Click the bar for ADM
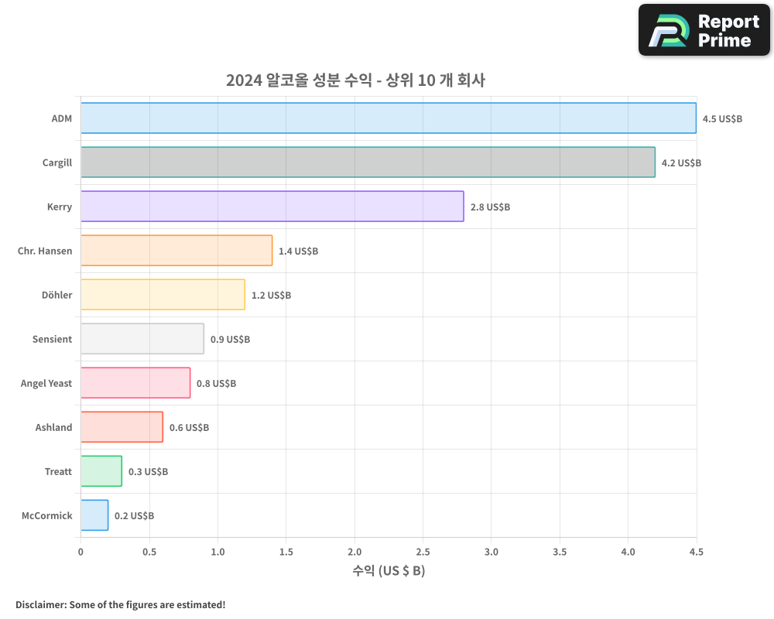[x=389, y=118]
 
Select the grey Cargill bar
[x=368, y=162]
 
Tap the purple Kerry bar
[x=272, y=207]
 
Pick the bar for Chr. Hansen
[x=176, y=251]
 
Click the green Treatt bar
[x=101, y=471]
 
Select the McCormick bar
[x=94, y=515]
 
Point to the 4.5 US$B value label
[x=722, y=119]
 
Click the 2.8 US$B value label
[x=490, y=207]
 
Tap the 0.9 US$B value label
[x=230, y=340]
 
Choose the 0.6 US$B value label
[x=189, y=428]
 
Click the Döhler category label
[x=57, y=295]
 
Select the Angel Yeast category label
[x=46, y=383]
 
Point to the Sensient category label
[x=52, y=339]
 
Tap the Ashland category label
[x=53, y=427]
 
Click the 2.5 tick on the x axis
[x=423, y=552]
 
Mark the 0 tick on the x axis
[x=80, y=552]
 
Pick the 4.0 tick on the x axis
[x=628, y=552]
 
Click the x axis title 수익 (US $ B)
[x=389, y=571]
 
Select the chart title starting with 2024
[x=355, y=80]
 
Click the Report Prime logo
[x=704, y=30]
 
